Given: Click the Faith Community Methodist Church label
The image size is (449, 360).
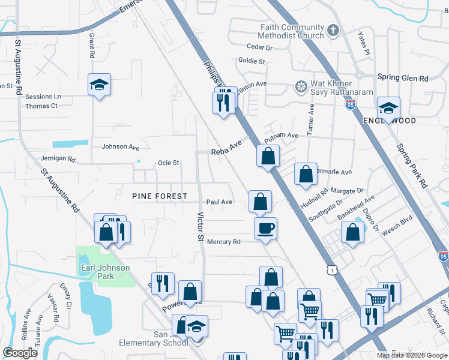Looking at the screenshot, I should [x=292, y=31].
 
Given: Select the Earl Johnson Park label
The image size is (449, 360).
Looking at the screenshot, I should [x=97, y=271].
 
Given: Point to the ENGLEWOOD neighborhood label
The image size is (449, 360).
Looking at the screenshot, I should [x=390, y=121].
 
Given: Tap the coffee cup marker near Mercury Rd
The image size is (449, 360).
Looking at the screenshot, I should [x=265, y=228].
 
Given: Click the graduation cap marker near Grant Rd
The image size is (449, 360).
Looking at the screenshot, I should [x=99, y=84].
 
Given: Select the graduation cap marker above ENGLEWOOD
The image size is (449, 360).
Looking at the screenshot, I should [x=388, y=109].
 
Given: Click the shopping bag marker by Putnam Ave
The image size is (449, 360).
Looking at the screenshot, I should [x=268, y=156].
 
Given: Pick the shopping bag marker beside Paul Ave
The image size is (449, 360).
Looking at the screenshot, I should [x=260, y=202].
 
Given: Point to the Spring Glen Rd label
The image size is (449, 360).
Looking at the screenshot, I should [x=403, y=78].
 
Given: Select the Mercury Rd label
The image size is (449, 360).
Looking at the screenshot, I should [x=223, y=242].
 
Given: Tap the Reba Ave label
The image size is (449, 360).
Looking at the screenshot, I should [x=226, y=152].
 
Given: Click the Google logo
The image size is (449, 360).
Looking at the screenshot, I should [x=20, y=352].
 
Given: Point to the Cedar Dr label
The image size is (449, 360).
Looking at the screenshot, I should [x=259, y=47].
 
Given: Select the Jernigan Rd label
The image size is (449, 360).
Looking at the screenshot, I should [x=55, y=160].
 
